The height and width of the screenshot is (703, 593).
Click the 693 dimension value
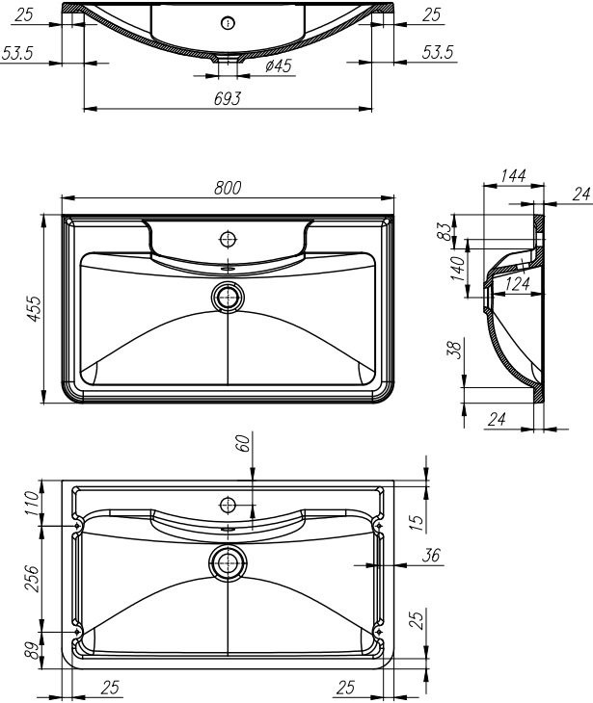coord(229,98)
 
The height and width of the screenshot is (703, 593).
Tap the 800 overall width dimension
coord(228,188)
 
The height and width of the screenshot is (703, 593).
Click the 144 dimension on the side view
coord(512,176)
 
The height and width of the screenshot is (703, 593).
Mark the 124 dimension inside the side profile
coord(518,284)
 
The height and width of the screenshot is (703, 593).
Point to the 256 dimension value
coord(31,579)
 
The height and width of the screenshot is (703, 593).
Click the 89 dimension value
coord(31,651)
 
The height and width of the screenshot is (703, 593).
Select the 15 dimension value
coord(415,523)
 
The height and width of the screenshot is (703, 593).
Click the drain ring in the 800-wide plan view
coord(229,297)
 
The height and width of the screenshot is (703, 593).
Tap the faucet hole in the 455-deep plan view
coord(229,238)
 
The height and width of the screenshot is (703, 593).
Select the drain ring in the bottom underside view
coord(229,562)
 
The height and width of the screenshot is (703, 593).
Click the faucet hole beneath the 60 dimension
coord(229,504)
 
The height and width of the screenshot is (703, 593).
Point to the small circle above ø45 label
coord(228,24)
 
